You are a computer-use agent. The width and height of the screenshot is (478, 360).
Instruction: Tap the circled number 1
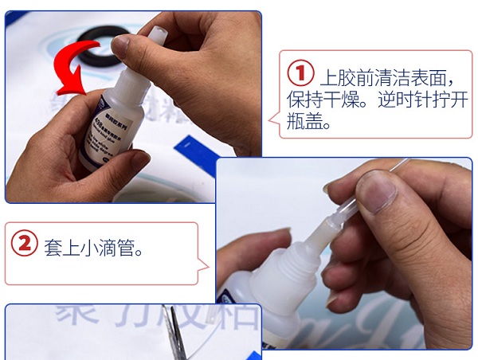300,74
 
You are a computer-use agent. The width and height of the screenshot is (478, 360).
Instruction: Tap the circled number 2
24,244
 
